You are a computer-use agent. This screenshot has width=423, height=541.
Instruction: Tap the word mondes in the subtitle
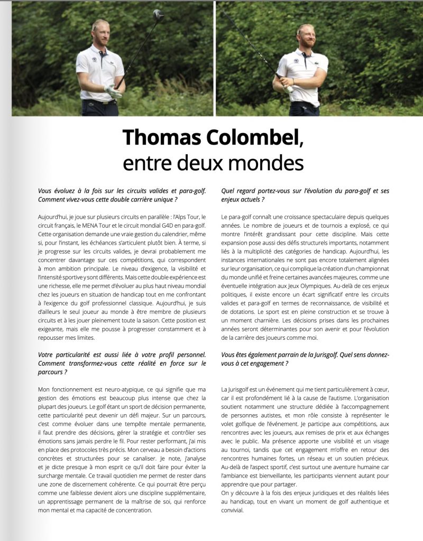273,162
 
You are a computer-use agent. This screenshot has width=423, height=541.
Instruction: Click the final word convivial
233,510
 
